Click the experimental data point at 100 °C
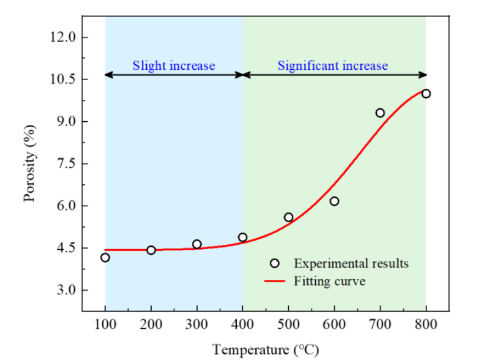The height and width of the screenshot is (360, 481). pos(105,257)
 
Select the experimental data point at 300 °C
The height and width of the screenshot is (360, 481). pos(197,244)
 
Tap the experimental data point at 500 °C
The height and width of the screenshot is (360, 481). pos(289,217)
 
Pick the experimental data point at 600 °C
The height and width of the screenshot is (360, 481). pos(334,201)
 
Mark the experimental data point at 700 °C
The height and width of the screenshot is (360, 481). pos(380,113)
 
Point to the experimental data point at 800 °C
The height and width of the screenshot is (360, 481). pos(426,94)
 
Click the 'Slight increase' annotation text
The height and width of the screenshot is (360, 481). pos(174,66)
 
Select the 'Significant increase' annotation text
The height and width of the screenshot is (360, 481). pos(332,66)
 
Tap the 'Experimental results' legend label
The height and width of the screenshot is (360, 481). pos(351,263)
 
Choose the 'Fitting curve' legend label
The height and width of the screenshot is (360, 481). pos(329,282)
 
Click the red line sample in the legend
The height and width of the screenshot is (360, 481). pos(274,282)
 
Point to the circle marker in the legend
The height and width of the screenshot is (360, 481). pos(274,263)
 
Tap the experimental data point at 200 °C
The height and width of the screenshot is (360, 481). pos(151,250)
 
